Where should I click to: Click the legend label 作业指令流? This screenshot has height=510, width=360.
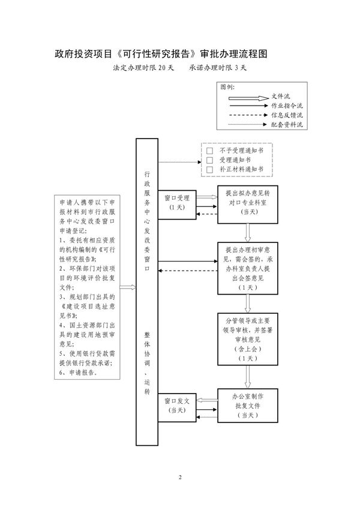(287, 105)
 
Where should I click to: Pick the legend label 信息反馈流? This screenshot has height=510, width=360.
(287, 115)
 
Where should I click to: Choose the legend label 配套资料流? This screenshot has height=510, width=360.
(287, 124)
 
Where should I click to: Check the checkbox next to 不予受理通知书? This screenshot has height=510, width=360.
(209, 151)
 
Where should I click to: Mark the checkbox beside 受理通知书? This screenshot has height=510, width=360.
(209, 160)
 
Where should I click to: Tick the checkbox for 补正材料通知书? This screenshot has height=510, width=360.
(209, 170)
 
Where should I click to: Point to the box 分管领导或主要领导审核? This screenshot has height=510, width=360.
(248, 340)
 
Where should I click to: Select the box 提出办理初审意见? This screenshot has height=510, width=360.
(248, 268)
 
